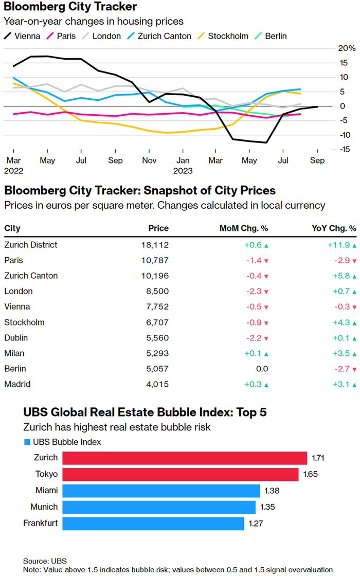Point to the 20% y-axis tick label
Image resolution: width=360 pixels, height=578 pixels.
(x=345, y=48)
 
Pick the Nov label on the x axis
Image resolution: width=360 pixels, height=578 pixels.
(x=149, y=160)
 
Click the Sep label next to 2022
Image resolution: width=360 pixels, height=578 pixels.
(x=115, y=160)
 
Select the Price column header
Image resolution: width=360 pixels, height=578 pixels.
(x=158, y=228)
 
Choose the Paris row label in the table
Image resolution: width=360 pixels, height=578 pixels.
(x=13, y=260)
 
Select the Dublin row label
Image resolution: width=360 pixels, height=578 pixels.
(x=15, y=338)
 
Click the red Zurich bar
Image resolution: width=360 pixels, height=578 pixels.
(x=185, y=458)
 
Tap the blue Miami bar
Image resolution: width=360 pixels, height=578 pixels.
(x=161, y=491)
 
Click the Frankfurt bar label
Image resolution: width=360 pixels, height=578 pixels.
(x=40, y=523)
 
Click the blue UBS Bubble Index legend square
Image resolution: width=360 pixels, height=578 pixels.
(x=27, y=442)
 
